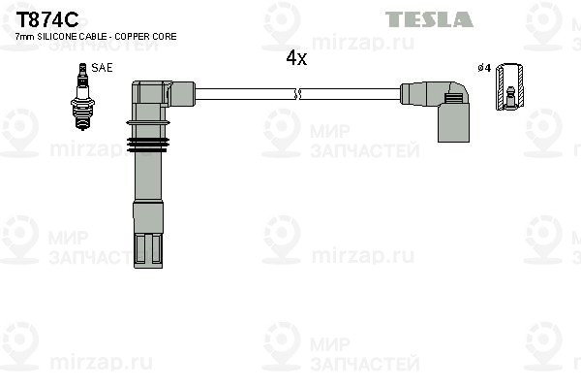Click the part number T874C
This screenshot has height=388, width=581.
coord(47,19)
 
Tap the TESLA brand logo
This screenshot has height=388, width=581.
coord(429,19)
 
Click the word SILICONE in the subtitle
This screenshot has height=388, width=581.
coord(57,37)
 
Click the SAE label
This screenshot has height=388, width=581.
coord(102,68)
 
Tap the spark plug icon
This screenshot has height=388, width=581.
coord(82,97)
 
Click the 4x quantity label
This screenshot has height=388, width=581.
coord(296,58)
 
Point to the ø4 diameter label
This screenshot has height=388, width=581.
coord(484,68)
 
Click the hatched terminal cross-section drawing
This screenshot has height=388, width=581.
coord(510,86)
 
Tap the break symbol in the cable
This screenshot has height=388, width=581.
coord(297,94)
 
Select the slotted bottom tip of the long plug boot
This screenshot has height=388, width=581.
coord(148,250)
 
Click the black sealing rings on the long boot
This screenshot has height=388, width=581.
coord(148,145)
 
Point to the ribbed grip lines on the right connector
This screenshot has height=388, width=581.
coord(453,99)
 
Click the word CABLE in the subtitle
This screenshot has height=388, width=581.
coord(93,37)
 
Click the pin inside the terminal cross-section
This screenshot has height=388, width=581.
coord(510,97)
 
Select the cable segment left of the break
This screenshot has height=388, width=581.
coord(245,94)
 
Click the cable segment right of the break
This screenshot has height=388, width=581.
coord(351,94)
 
